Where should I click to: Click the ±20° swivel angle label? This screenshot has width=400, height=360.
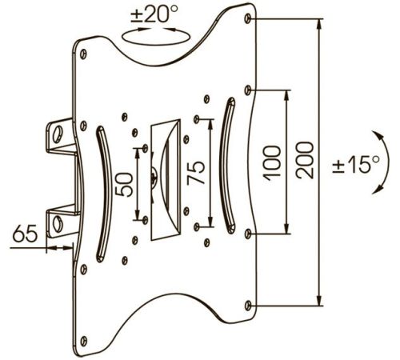[x=154, y=14]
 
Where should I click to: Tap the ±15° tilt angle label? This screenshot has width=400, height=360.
[x=355, y=164]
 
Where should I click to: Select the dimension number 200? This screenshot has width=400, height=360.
[x=305, y=160]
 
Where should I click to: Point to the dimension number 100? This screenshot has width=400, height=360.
[x=272, y=163]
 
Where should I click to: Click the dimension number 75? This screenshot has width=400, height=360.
[x=196, y=173]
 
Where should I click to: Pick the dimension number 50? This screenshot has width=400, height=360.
[x=124, y=185]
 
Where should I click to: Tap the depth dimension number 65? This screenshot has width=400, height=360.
[x=25, y=234]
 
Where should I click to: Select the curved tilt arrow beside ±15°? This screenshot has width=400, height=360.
[x=386, y=162]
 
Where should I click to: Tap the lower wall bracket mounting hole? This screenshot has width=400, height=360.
[x=58, y=223]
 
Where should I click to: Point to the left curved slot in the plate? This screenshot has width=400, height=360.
[x=104, y=194]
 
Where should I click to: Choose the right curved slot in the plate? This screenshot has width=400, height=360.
[x=227, y=166]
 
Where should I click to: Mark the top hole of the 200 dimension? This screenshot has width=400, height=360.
[x=248, y=18]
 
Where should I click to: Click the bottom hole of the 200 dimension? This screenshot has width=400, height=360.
[x=248, y=306]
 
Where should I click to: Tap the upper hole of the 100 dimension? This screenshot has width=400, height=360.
[x=248, y=90]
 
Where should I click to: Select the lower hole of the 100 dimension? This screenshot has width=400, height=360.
[x=248, y=234]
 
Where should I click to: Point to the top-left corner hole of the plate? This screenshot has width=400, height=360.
[x=83, y=54]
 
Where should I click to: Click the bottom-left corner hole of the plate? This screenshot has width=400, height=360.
[x=84, y=341]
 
